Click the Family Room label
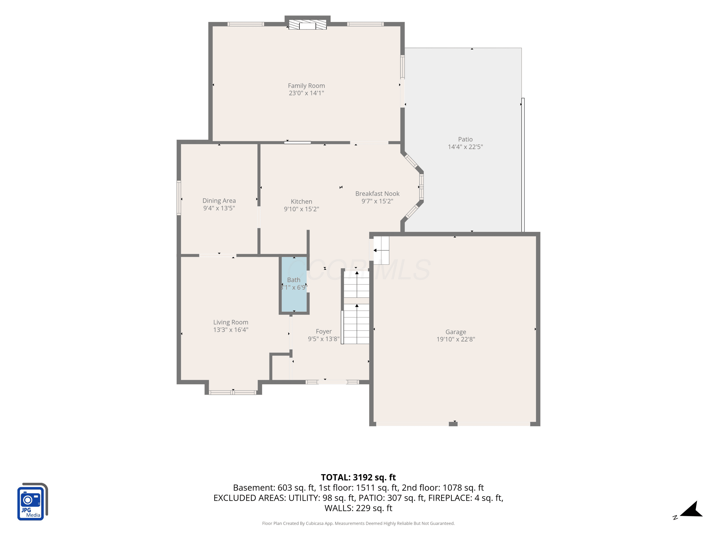(306, 86)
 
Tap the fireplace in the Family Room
(307, 25)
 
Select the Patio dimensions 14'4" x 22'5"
(465, 147)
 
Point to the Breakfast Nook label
(377, 194)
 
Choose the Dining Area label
(219, 201)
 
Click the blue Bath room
(294, 284)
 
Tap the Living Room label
(231, 322)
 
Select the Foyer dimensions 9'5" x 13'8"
(324, 339)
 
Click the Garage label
(456, 332)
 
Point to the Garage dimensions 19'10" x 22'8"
(456, 339)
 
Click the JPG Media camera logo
(33, 501)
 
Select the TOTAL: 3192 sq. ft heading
(358, 477)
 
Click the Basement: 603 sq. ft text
(274, 488)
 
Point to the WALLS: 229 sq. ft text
(358, 508)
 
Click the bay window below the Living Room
(233, 393)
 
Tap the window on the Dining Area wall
(179, 198)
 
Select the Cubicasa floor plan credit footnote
(358, 523)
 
